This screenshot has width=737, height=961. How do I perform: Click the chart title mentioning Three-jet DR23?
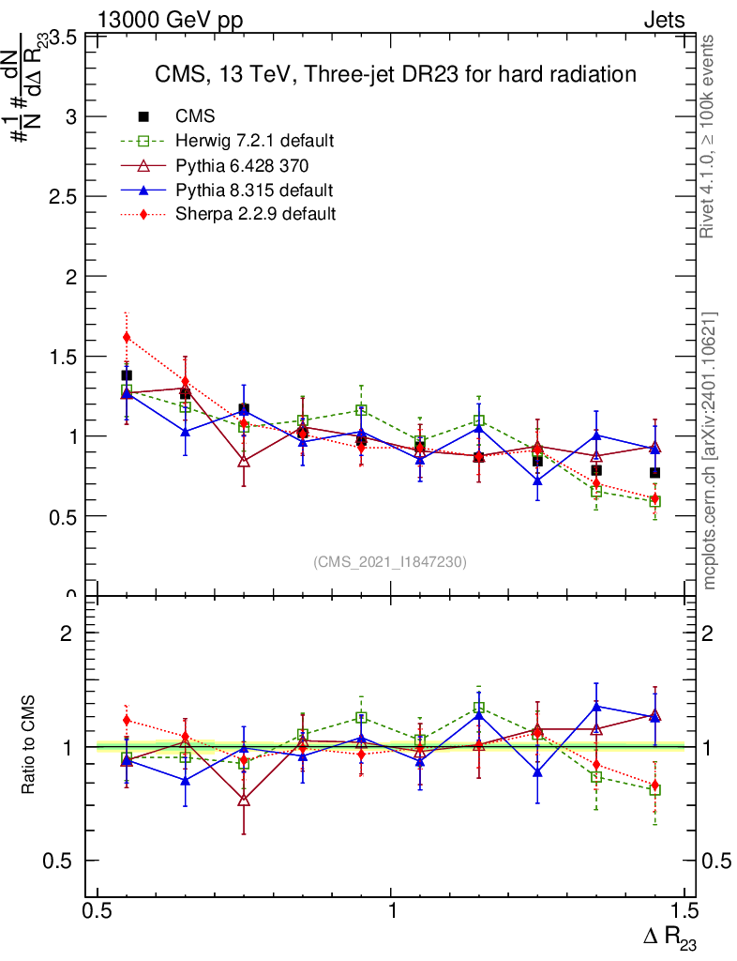click(395, 74)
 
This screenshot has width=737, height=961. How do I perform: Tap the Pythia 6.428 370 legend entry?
click(242, 166)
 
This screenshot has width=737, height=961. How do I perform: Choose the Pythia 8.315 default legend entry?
click(254, 191)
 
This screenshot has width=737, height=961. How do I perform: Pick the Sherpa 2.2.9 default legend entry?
click(255, 214)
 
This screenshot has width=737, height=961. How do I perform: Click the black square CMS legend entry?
click(195, 116)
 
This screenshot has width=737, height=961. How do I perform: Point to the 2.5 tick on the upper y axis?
click(64, 197)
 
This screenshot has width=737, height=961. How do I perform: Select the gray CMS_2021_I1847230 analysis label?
click(390, 561)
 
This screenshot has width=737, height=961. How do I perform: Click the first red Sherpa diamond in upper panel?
click(127, 337)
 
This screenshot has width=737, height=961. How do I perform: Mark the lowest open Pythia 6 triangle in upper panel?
click(244, 461)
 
